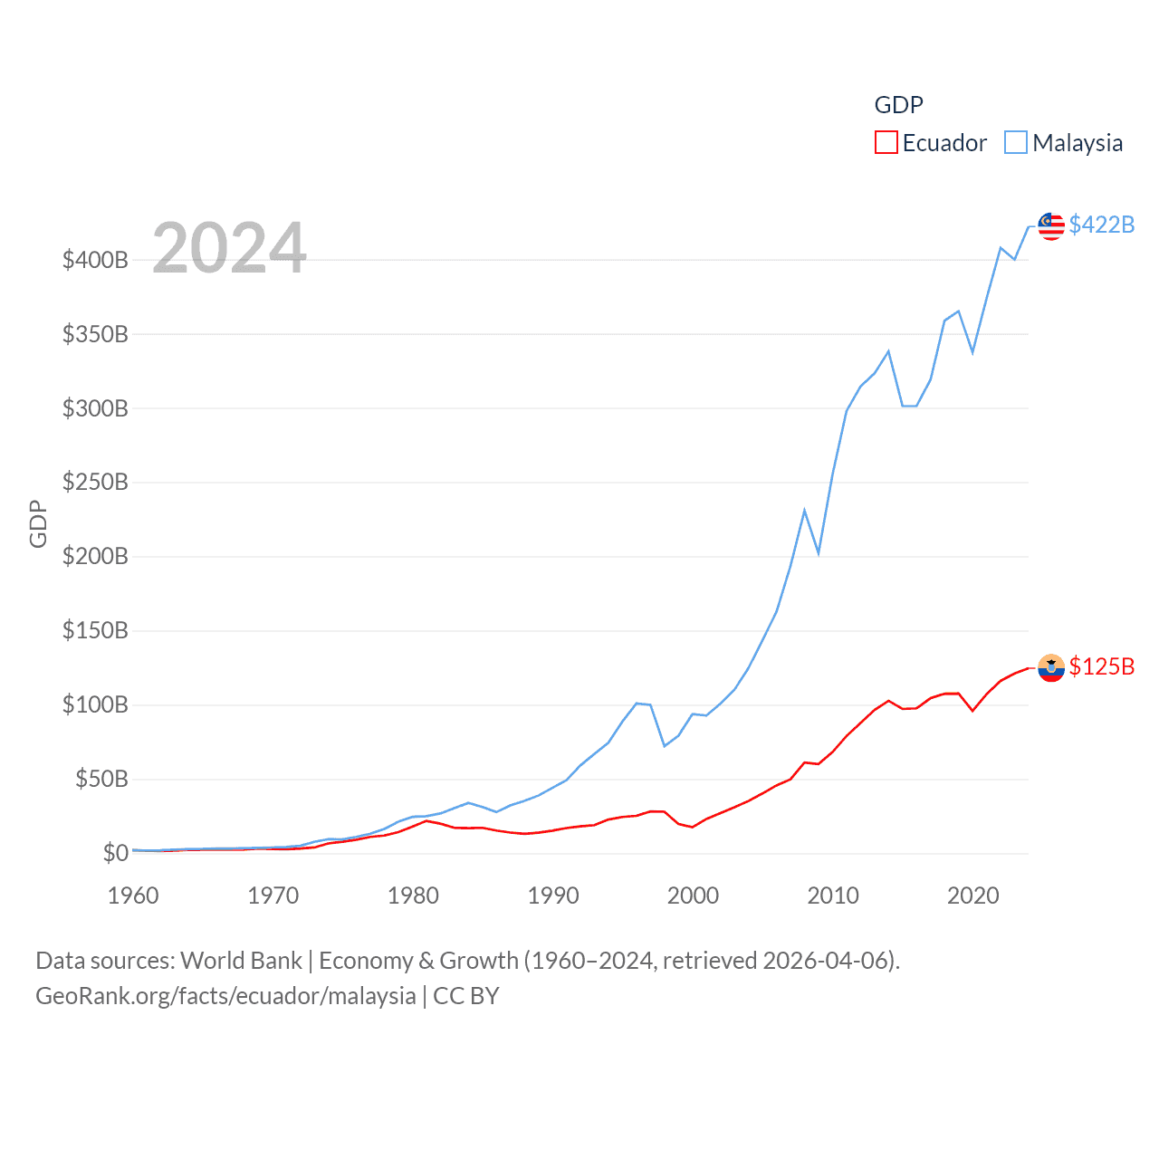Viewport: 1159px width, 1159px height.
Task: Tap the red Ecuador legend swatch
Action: click(x=886, y=143)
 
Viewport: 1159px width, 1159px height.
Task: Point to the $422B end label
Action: click(x=1101, y=225)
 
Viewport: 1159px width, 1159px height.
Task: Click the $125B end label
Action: click(x=1101, y=666)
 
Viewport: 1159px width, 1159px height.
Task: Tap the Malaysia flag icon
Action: click(x=1051, y=225)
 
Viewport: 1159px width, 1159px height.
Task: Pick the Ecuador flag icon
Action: click(x=1051, y=668)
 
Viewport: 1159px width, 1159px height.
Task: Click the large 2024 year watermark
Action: click(x=229, y=247)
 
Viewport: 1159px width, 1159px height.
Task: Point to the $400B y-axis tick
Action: click(x=95, y=261)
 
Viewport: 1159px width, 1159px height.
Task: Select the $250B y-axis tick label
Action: click(x=95, y=483)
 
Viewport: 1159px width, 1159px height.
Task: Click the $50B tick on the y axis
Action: click(x=101, y=779)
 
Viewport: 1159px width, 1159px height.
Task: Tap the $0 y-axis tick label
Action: click(x=116, y=853)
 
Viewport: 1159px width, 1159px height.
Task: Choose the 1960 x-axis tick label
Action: click(x=133, y=896)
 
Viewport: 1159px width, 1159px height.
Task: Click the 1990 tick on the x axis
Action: click(x=553, y=896)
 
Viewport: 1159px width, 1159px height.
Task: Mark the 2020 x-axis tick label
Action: click(x=973, y=896)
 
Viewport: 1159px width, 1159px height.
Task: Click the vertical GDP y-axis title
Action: click(x=38, y=523)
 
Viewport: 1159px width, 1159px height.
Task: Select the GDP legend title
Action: click(x=898, y=105)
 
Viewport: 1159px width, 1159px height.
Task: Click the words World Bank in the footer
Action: click(x=241, y=961)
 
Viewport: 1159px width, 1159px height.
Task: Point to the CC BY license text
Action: click(x=466, y=996)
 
